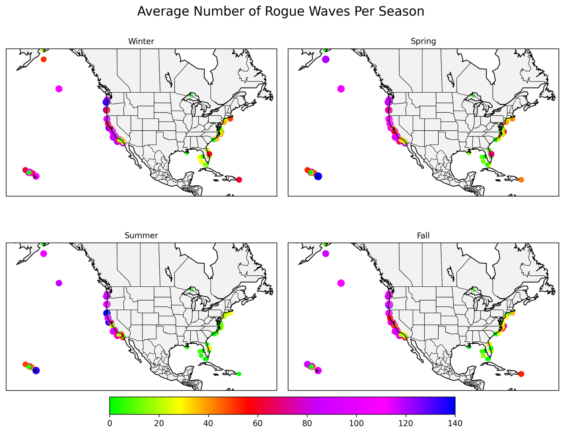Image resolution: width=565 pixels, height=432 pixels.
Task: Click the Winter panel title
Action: point(141,41)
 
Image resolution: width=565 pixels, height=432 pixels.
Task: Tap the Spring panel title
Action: point(423,41)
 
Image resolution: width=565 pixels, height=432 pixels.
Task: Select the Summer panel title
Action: point(141,236)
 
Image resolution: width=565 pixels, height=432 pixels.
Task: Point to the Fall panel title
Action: point(423,236)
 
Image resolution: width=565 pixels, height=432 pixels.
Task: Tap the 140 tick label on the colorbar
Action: point(455,423)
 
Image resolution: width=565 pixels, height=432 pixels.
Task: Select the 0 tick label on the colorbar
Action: point(110,423)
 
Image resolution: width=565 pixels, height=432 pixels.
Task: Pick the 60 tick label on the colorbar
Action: point(257,423)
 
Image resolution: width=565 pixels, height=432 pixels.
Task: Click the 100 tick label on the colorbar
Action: point(356,423)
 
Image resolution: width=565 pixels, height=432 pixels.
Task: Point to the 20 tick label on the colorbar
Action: point(159,423)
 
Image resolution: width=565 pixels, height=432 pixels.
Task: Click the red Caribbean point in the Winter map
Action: point(239,180)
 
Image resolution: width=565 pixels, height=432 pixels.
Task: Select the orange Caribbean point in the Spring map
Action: point(521,180)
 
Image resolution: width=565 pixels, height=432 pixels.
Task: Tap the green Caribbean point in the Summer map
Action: point(239,374)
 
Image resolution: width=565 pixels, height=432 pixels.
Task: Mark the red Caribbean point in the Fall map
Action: point(521,374)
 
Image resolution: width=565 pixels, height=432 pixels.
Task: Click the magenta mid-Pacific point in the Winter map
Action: point(59,89)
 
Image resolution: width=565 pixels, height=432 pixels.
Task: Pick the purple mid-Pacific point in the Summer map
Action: point(59,283)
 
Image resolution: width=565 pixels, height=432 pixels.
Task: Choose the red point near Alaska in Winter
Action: point(44,59)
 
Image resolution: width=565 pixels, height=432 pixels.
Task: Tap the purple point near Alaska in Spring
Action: point(326,59)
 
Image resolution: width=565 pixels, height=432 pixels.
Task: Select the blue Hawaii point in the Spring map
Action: point(318,176)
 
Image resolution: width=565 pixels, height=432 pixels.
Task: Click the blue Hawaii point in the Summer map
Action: point(36,371)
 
